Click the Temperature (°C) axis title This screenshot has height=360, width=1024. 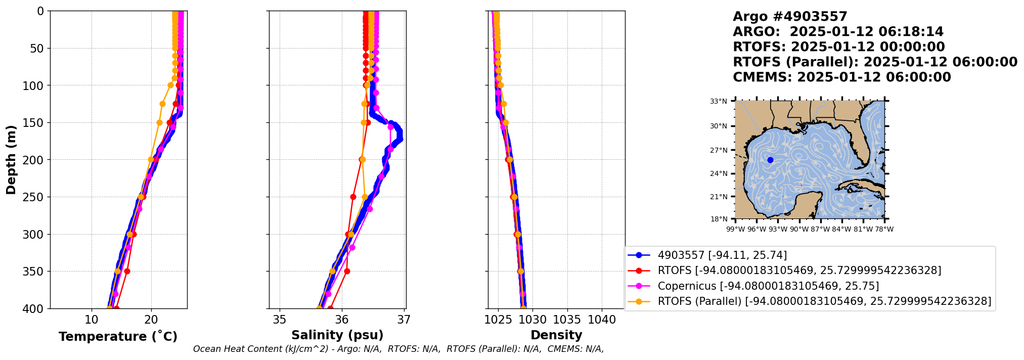118,337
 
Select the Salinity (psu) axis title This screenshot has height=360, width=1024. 337,335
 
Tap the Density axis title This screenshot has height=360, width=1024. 556,335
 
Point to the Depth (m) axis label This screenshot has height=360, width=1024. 11,160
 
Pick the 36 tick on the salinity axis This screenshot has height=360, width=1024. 342,320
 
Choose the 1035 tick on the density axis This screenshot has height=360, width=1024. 567,320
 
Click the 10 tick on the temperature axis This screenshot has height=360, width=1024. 92,320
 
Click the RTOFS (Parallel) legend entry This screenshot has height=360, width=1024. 824,301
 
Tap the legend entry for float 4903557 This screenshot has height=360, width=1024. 722,255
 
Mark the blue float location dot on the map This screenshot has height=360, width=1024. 770,160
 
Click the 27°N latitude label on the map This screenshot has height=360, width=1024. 719,150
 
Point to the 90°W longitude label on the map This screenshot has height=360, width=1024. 799,230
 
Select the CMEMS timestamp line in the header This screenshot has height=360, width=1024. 841,77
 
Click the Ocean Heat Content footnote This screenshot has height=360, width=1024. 398,349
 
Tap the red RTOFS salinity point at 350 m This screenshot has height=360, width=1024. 347,272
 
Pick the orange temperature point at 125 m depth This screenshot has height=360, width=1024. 162,104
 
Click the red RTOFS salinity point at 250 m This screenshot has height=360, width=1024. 353,197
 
